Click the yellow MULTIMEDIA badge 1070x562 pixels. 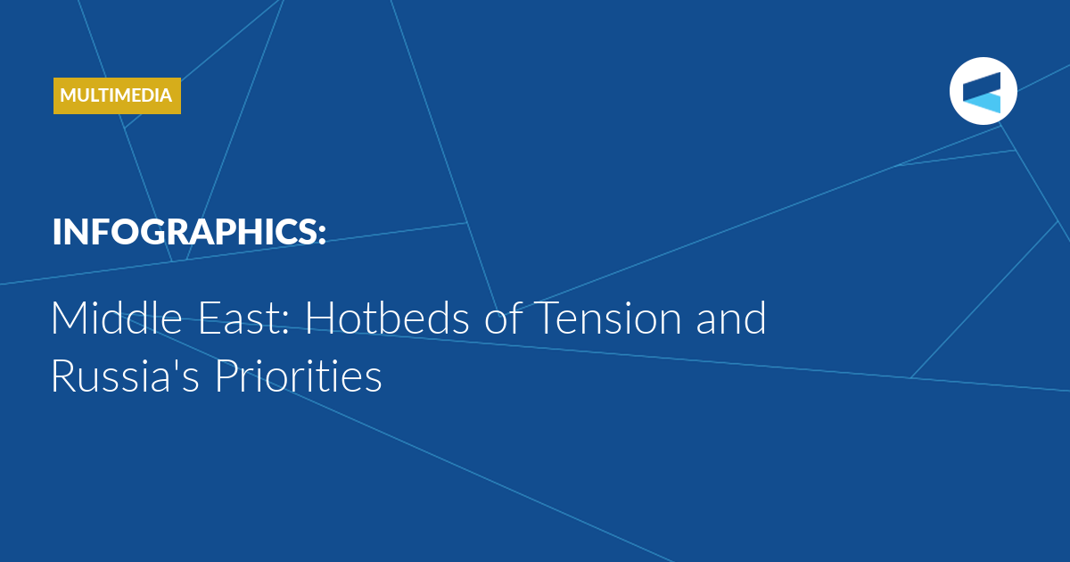tap(117, 95)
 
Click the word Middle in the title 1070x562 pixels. tap(117, 318)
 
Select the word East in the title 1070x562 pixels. tap(238, 318)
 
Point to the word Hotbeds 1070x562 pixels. tap(387, 318)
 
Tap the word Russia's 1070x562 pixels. tap(125, 376)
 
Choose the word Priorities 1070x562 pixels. tap(299, 376)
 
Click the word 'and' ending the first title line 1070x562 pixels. tap(731, 318)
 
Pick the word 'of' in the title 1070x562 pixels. tap(503, 318)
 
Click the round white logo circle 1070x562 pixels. tap(984, 91)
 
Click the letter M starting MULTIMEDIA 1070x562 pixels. tap(69, 95)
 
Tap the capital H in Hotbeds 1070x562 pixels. tap(318, 318)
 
